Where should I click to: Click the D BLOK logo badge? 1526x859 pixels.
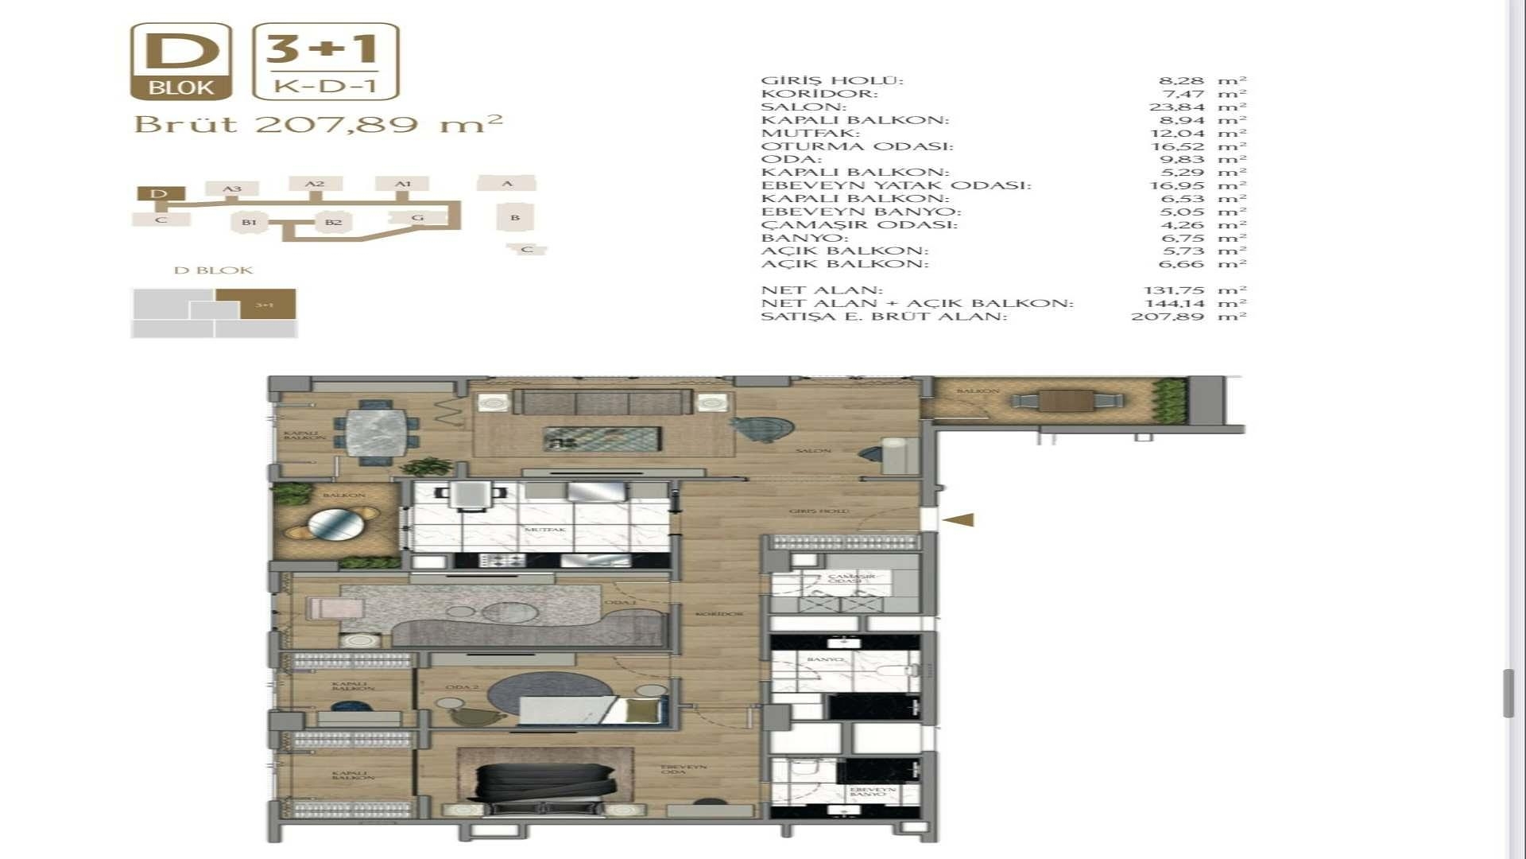tap(181, 62)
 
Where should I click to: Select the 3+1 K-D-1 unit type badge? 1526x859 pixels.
tap(325, 62)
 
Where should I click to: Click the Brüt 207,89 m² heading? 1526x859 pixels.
tap(318, 125)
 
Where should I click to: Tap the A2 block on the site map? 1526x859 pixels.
tap(316, 184)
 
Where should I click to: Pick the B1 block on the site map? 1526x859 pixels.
tap(250, 222)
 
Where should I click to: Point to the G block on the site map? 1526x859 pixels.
tap(417, 217)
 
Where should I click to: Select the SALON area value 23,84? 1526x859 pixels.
tap(1176, 107)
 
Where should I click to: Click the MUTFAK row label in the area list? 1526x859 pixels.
tap(810, 133)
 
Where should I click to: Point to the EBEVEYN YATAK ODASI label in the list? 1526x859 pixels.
tap(896, 185)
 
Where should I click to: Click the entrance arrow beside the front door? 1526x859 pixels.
tap(959, 520)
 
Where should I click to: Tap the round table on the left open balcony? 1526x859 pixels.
tap(336, 524)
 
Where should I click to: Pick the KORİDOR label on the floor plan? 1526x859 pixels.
tap(719, 614)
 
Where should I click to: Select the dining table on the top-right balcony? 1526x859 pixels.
tap(1066, 400)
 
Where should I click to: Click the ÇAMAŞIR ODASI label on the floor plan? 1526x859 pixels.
tap(851, 578)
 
